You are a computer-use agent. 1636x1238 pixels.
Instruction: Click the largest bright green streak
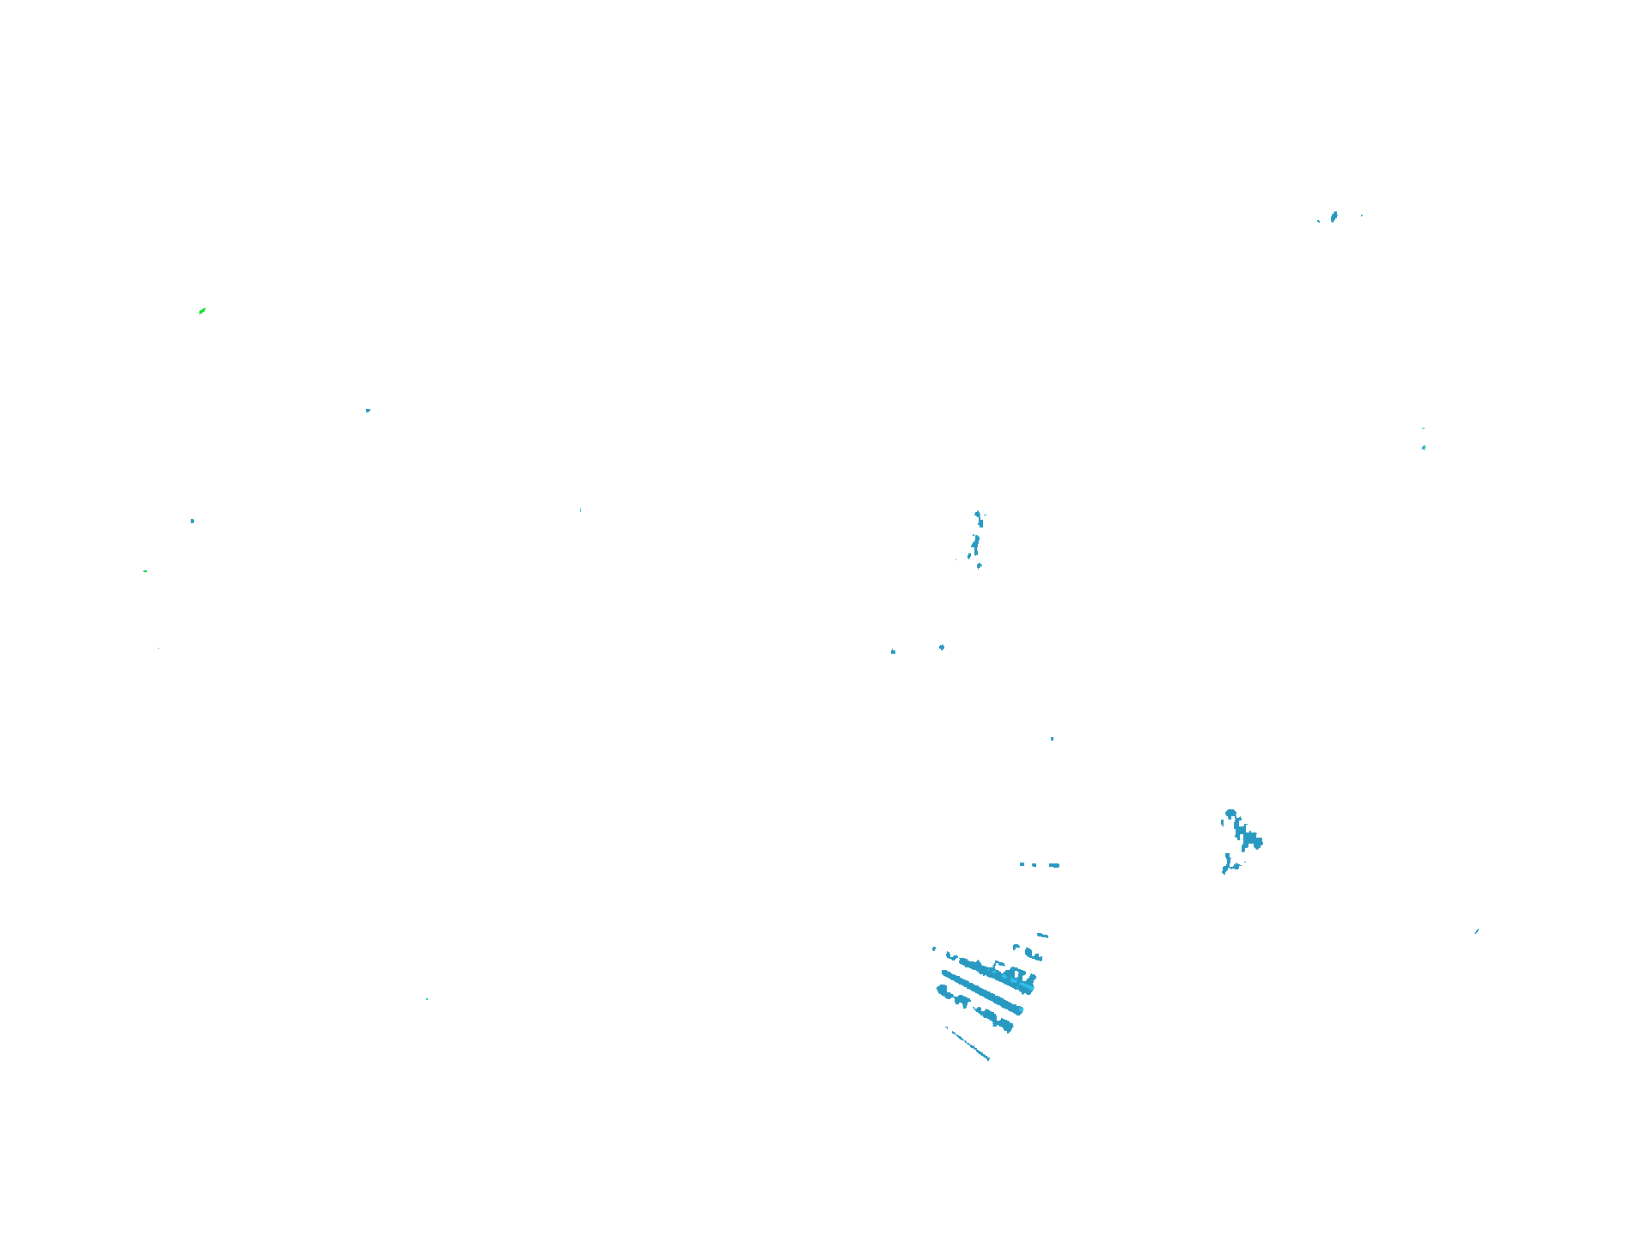(x=202, y=310)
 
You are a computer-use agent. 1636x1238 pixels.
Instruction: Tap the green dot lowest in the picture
(x=427, y=999)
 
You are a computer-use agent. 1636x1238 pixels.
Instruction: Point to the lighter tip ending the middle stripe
(x=1019, y=1010)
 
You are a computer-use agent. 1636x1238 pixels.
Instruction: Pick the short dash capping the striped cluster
(x=1042, y=935)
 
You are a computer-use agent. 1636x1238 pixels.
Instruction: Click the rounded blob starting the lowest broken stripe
(x=943, y=991)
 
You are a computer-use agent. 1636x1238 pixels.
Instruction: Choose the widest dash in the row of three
(x=1054, y=865)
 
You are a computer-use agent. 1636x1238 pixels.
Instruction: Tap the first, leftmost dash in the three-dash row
(x=1022, y=864)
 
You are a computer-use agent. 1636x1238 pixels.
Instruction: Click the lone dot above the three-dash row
(x=1052, y=739)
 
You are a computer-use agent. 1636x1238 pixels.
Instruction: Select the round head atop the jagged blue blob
(x=1230, y=813)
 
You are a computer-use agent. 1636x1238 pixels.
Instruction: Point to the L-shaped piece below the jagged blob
(x=1228, y=865)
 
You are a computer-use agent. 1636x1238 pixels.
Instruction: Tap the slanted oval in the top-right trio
(x=1334, y=216)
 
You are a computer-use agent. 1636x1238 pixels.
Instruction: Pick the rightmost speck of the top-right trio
(x=1362, y=216)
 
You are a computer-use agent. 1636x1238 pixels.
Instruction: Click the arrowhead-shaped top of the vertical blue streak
(x=978, y=515)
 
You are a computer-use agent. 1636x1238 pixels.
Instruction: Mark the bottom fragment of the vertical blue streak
(x=980, y=566)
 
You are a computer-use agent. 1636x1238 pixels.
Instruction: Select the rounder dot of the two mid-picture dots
(x=942, y=647)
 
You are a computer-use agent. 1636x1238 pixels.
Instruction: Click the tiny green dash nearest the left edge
(x=145, y=571)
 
